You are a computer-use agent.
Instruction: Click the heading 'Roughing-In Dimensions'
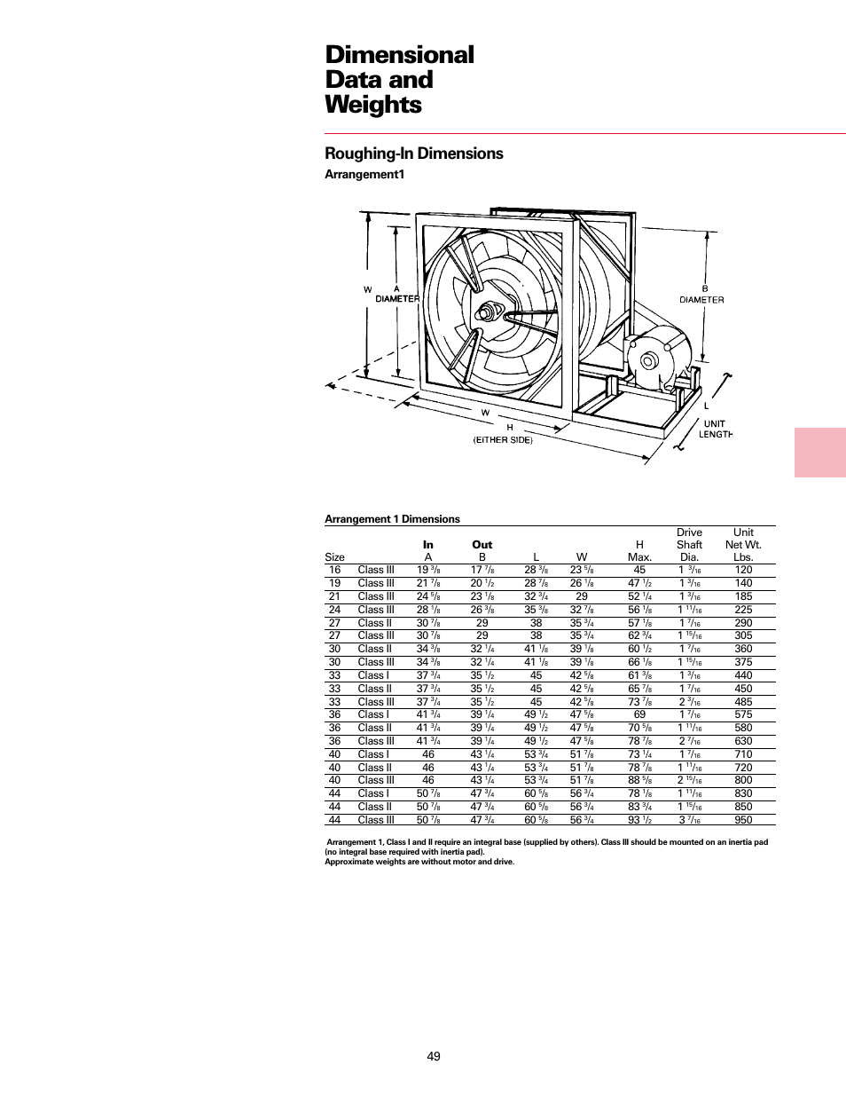(x=413, y=154)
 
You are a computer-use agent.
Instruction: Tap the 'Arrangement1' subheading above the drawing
(x=364, y=175)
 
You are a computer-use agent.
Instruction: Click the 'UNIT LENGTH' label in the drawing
(x=715, y=429)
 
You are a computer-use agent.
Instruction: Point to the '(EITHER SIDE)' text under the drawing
(x=503, y=440)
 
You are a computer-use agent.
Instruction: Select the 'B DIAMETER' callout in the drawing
(x=701, y=295)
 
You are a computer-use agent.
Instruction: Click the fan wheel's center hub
(x=486, y=313)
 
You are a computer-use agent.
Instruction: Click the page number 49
(x=433, y=1056)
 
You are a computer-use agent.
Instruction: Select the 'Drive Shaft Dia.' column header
(x=689, y=545)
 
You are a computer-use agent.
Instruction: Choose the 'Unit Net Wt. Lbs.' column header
(x=743, y=545)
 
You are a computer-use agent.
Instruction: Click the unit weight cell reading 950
(x=743, y=820)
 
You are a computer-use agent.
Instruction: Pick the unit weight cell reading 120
(x=743, y=571)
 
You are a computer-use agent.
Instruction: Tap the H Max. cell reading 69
(x=639, y=714)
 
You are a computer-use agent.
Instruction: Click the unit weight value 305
(x=743, y=635)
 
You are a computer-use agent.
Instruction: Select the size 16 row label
(x=334, y=571)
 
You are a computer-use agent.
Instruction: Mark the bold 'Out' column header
(x=482, y=545)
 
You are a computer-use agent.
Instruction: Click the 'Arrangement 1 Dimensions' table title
(x=392, y=519)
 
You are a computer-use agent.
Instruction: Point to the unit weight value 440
(x=743, y=675)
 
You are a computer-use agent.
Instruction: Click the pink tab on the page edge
(x=819, y=453)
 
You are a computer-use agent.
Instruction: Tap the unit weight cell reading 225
(x=743, y=610)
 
